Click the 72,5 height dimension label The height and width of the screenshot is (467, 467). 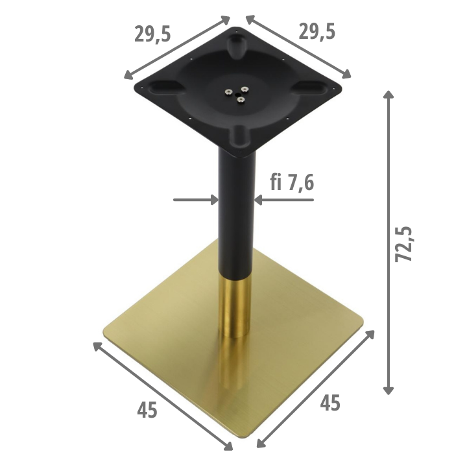[403, 245]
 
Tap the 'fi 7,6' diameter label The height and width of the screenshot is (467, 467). [292, 182]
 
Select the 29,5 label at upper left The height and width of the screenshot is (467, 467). [152, 34]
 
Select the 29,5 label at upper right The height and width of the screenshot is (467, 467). [317, 31]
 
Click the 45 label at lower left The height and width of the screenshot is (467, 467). [147, 410]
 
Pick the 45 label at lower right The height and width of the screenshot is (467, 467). [330, 403]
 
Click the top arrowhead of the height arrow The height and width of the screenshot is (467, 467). [388, 94]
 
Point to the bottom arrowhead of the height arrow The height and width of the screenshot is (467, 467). [388, 390]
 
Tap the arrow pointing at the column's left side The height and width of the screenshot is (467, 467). [196, 200]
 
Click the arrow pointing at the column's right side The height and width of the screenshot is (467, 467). [284, 200]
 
